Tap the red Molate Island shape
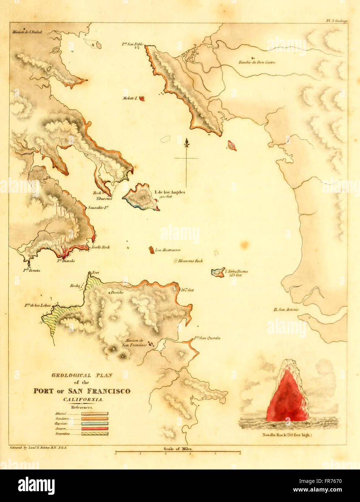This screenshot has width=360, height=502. coord(142,98)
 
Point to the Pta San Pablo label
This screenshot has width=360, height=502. coord(133,44)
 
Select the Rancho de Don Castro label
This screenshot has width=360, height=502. coord(257,62)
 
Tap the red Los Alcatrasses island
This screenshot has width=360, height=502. coord(151,250)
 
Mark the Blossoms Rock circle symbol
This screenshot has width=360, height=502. coord(176,261)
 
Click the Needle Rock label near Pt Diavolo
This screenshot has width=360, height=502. coord(100,247)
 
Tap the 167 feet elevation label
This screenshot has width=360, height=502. coord(188,290)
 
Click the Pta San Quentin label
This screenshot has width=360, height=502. coord(207,338)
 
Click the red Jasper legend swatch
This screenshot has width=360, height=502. coord(94,428)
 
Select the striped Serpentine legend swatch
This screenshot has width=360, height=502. coord(94,433)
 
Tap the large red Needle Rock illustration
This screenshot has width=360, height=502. coord(287,395)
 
